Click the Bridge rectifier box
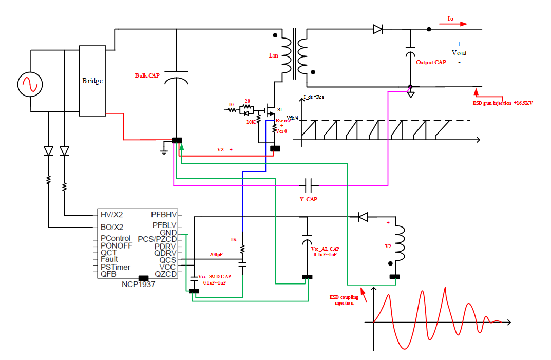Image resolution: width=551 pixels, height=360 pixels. coord(92,80)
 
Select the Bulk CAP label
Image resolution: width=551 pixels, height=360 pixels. coord(147,75)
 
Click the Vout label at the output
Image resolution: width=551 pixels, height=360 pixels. coord(459,53)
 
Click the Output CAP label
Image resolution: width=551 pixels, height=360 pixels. coord(431,62)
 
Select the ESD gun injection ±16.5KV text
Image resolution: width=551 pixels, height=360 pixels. coord(503,103)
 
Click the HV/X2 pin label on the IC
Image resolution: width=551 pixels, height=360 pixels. coord(111,214)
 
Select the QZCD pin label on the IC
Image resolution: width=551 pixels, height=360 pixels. coord(165,274)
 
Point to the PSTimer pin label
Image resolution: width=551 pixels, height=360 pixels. coord(115,267)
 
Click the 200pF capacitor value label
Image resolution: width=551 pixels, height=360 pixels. coord(216,254)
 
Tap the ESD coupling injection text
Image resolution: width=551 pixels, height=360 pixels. coord(344,300)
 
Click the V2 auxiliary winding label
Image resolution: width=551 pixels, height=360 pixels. coord(388,246)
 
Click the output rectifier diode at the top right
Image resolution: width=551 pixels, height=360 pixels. coord(378,29)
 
